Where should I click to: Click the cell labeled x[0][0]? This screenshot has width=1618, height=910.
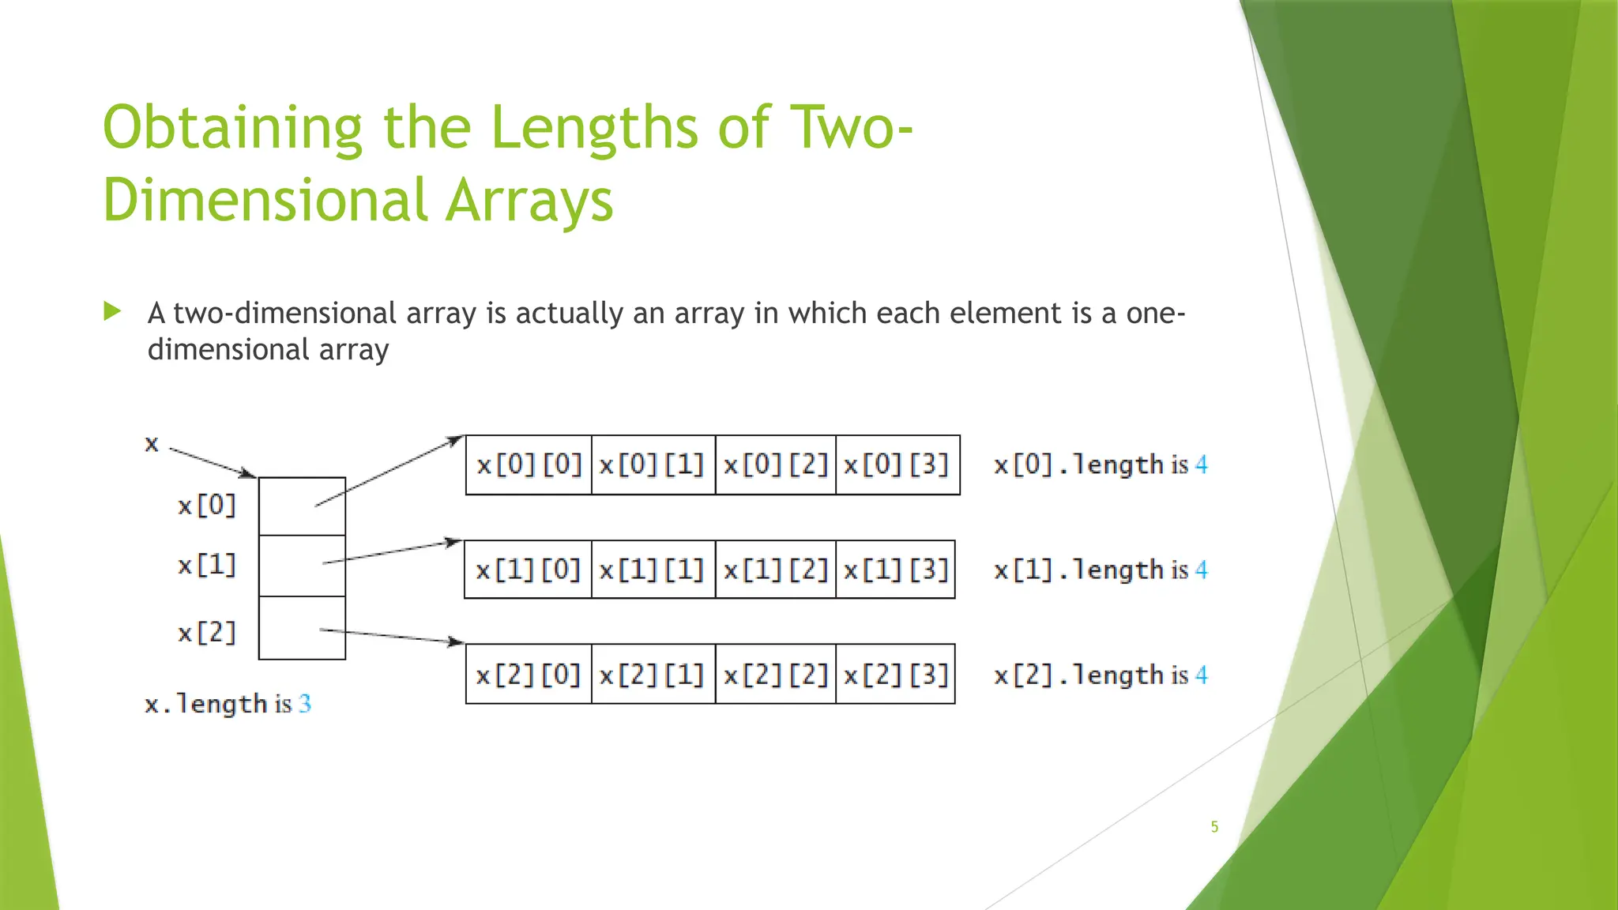(x=529, y=464)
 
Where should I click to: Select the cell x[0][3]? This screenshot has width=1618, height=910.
(x=897, y=464)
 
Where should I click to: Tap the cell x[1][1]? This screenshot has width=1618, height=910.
(x=653, y=570)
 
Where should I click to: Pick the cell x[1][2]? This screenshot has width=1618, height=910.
(x=775, y=570)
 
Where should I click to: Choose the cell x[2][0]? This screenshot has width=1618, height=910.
(x=529, y=675)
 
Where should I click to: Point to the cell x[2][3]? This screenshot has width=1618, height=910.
(x=895, y=675)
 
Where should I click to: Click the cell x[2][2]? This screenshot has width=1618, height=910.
(x=775, y=675)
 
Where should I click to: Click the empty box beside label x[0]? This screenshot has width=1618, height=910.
(x=302, y=506)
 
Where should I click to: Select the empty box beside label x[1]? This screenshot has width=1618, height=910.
(x=302, y=566)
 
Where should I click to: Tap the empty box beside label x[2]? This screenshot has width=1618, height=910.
(x=302, y=628)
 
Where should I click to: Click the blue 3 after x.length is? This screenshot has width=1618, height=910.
(x=305, y=703)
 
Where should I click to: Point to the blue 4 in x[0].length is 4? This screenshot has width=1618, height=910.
(x=1201, y=464)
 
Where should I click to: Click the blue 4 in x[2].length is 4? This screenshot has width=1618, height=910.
(x=1201, y=675)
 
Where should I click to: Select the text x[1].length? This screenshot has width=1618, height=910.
(x=1079, y=570)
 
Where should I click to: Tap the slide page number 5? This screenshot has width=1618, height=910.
(x=1214, y=827)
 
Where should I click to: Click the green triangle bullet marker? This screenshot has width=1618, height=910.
(x=112, y=311)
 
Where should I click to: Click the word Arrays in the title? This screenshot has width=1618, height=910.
(x=529, y=200)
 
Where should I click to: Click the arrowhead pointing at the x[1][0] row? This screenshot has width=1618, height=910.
(x=453, y=542)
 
